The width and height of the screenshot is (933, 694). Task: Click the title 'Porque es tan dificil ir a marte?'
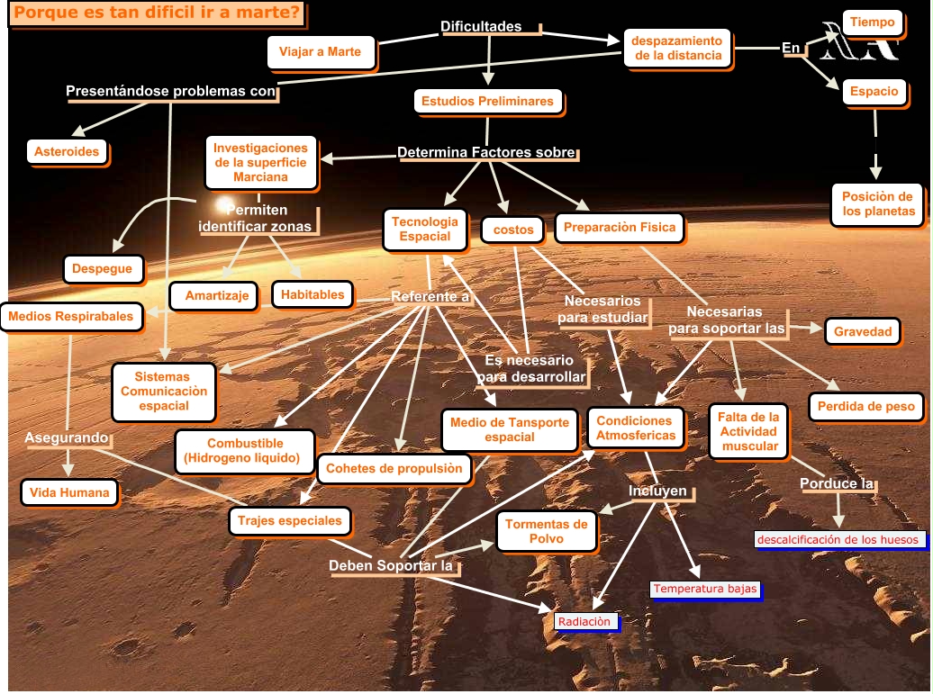click(x=157, y=14)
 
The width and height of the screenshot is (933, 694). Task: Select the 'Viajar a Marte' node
click(x=320, y=51)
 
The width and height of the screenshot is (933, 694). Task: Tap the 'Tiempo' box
click(x=873, y=22)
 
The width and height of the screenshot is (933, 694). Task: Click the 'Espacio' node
click(x=874, y=91)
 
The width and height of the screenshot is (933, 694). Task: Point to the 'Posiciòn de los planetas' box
click(x=878, y=204)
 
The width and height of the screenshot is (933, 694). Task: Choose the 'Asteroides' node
click(x=67, y=151)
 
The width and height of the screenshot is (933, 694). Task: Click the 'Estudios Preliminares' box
click(x=487, y=101)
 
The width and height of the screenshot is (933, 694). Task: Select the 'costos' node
click(x=513, y=230)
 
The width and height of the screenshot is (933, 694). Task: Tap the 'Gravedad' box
click(x=862, y=331)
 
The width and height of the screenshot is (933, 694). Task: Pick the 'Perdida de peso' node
click(x=865, y=407)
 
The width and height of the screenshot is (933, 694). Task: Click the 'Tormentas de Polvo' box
click(x=546, y=531)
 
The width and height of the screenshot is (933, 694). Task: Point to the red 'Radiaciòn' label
click(x=584, y=621)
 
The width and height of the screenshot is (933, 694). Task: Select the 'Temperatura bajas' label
click(x=705, y=590)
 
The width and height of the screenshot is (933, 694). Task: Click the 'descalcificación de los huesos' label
click(x=838, y=540)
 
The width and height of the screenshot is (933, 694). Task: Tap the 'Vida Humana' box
click(x=69, y=492)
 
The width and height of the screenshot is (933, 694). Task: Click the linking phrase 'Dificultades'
click(x=481, y=26)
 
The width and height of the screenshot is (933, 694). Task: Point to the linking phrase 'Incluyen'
click(x=657, y=491)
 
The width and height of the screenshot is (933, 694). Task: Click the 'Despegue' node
click(x=102, y=268)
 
